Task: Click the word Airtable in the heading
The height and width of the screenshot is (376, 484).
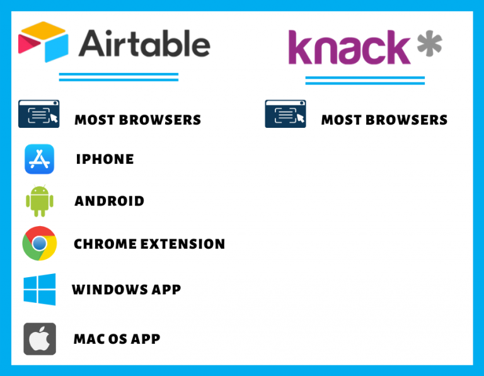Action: (144, 43)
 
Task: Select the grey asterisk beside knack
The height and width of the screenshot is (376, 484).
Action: (429, 45)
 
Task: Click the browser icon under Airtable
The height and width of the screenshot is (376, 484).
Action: (38, 114)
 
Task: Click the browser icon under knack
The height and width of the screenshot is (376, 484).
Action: (285, 114)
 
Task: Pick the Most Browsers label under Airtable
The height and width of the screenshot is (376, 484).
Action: (137, 120)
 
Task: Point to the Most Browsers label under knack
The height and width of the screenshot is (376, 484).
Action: (384, 120)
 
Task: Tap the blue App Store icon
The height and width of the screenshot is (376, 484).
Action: (39, 159)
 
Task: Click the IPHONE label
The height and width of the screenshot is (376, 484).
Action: (105, 159)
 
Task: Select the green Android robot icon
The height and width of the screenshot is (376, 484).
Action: (39, 201)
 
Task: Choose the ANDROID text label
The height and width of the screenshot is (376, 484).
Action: (109, 201)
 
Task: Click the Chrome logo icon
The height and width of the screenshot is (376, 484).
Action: (39, 244)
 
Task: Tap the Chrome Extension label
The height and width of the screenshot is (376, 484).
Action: (149, 244)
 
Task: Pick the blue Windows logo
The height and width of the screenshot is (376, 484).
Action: (39, 289)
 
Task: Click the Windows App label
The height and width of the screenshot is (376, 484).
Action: (126, 290)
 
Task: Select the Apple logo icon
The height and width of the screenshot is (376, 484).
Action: (39, 339)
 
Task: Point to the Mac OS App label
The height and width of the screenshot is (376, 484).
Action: (117, 339)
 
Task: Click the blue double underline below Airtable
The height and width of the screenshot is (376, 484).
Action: (118, 77)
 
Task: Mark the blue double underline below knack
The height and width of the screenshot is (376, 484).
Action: (365, 80)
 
